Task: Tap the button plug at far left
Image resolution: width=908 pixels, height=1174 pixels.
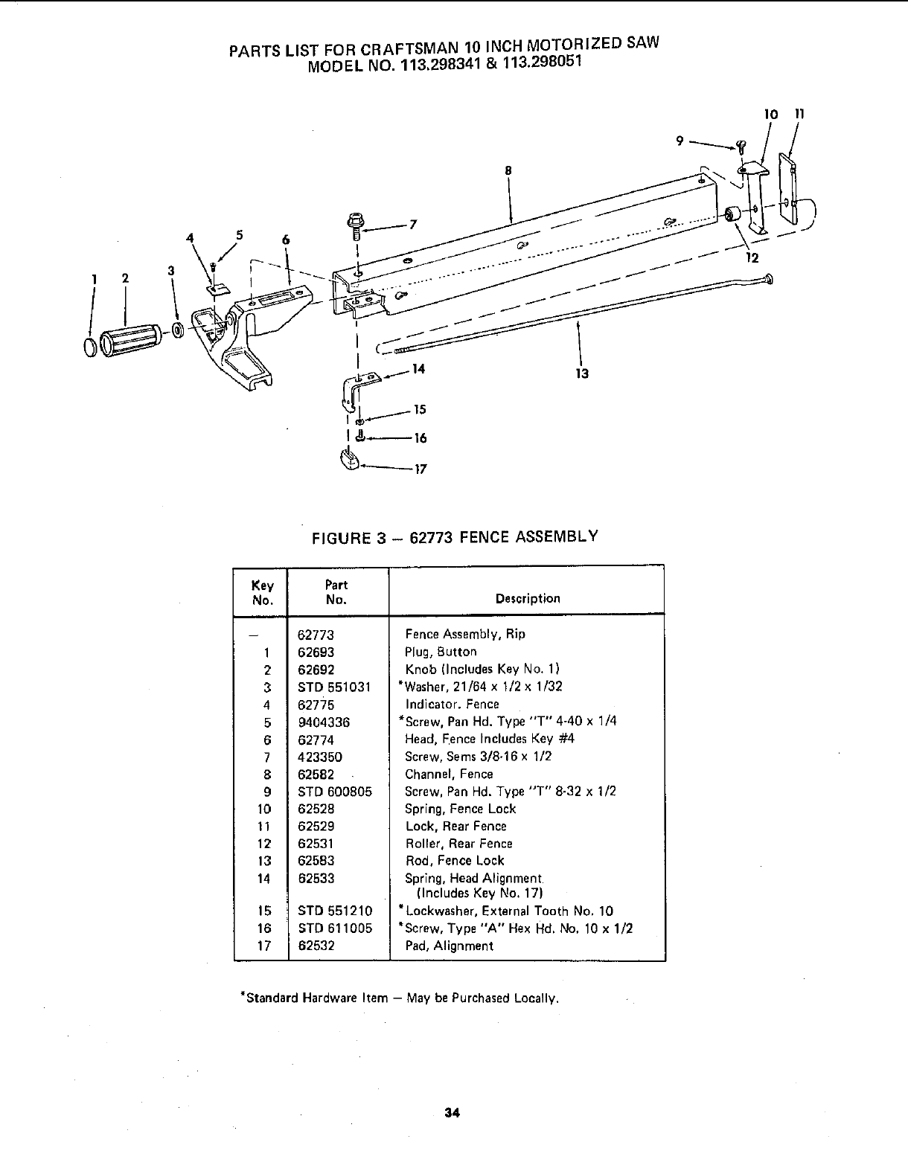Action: click(x=89, y=347)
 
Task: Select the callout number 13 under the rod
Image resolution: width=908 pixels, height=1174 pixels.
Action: click(x=582, y=373)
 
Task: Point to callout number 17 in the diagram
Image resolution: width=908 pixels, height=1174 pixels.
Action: click(x=421, y=469)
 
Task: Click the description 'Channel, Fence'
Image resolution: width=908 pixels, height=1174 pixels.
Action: click(x=449, y=774)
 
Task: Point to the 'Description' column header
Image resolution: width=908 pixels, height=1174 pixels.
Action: click(x=528, y=598)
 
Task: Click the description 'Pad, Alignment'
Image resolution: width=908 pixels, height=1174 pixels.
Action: click(x=449, y=946)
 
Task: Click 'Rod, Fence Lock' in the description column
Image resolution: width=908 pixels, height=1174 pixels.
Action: click(x=454, y=861)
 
